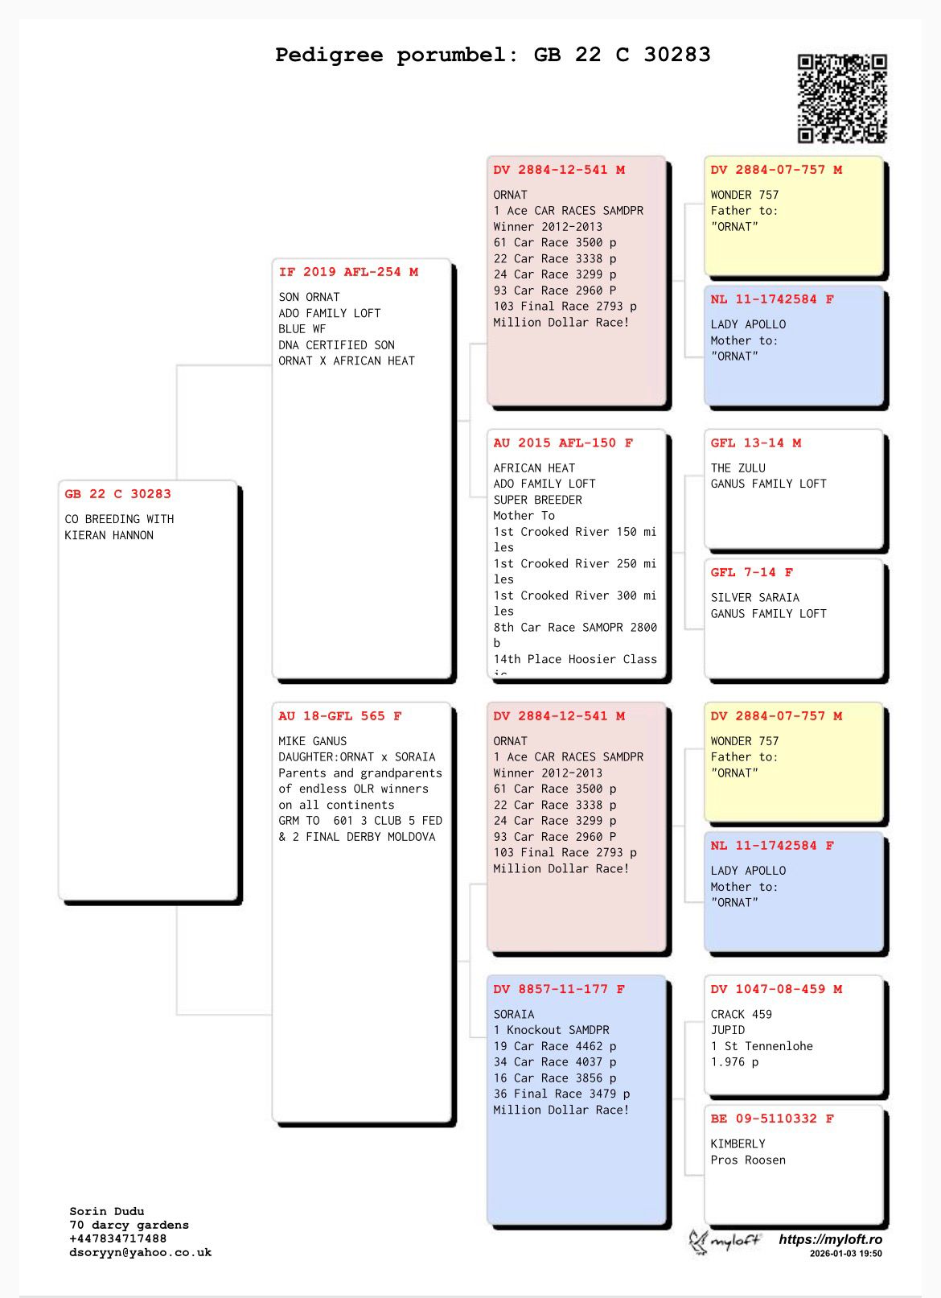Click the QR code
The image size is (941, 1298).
click(842, 98)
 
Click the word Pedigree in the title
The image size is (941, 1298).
click(329, 56)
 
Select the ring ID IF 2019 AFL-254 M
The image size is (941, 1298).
click(348, 272)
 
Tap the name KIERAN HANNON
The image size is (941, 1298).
click(109, 535)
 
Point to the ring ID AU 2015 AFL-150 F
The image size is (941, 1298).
click(563, 443)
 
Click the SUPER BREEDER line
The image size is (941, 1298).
click(538, 500)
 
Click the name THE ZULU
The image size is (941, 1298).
click(738, 468)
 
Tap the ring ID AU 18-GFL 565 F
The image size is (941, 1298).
click(340, 715)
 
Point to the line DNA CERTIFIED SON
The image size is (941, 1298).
click(337, 345)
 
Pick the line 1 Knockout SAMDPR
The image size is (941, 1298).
click(552, 1030)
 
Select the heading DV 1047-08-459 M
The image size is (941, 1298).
click(777, 989)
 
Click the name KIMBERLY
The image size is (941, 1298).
click(738, 1143)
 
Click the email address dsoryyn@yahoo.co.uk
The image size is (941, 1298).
click(141, 1252)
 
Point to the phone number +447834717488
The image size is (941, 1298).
click(118, 1238)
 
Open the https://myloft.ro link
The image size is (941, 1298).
click(830, 1239)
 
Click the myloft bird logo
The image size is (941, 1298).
click(698, 1242)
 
